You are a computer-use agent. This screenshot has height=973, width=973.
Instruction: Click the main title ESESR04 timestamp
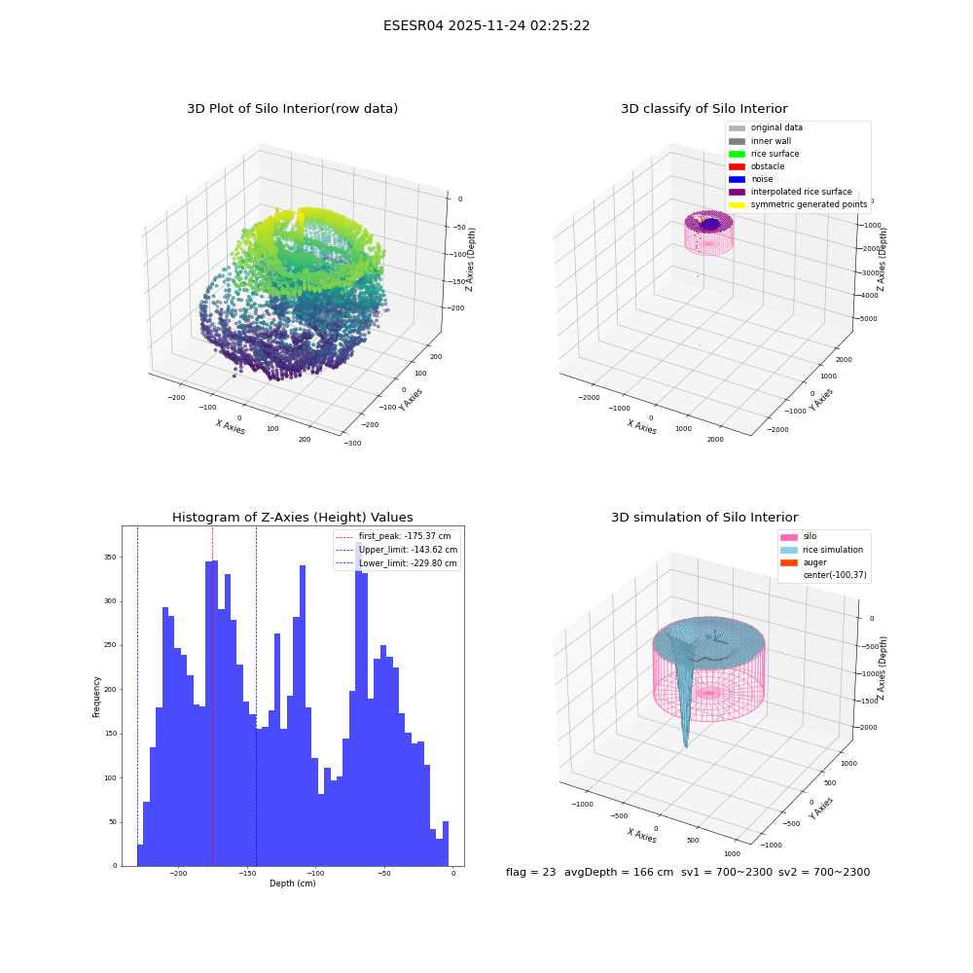(486, 25)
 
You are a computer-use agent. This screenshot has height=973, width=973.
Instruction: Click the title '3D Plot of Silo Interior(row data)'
(292, 109)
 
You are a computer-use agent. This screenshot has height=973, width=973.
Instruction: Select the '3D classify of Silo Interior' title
(704, 109)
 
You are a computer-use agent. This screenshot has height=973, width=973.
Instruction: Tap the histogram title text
(292, 517)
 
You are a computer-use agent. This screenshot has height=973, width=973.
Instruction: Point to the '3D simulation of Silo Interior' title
(704, 517)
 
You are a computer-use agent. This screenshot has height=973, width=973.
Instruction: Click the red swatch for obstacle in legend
(737, 166)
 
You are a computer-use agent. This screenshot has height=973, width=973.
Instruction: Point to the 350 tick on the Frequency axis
(111, 558)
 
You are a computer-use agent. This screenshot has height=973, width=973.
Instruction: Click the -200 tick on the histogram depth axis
(178, 874)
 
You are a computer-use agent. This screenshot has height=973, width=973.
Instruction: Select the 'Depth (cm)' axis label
(292, 883)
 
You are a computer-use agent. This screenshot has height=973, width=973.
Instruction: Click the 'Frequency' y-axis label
(96, 697)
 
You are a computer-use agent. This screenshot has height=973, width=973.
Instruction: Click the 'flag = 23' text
(530, 872)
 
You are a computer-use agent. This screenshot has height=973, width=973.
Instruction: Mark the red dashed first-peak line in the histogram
(212, 697)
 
